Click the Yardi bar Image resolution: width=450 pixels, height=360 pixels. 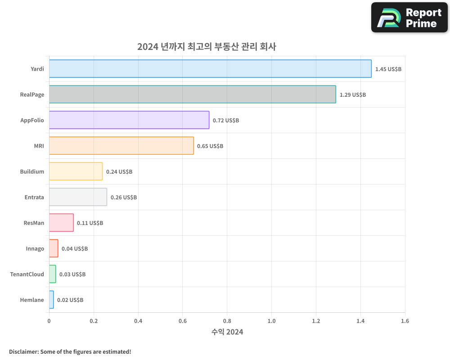point(210,69)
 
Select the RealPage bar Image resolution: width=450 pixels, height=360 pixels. point(192,94)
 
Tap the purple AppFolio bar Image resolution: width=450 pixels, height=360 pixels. point(129,120)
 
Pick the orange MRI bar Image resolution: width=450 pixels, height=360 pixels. point(121,146)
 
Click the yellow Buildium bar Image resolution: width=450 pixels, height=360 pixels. point(76,171)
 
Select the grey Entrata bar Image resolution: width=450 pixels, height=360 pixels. point(78,197)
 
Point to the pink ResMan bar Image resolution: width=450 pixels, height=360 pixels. point(61,223)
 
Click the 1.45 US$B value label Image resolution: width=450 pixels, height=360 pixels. point(388,69)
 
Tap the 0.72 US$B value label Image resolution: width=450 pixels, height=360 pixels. point(226,121)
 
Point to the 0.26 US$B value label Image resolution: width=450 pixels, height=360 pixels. point(124,198)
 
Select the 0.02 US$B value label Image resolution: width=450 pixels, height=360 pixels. point(70,300)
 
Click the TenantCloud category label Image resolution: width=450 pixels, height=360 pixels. point(27,274)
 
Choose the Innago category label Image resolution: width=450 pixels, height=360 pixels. point(35,248)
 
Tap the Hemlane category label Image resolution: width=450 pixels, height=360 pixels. point(32,300)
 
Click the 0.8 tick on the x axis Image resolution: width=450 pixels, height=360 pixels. point(227,321)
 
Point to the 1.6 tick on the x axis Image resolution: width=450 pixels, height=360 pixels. point(405,321)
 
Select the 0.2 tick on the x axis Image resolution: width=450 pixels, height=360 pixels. point(94,321)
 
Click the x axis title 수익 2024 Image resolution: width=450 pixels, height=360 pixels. point(227,332)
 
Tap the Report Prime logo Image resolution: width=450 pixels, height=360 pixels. point(409,18)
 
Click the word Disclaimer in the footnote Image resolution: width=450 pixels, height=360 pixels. point(23,351)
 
